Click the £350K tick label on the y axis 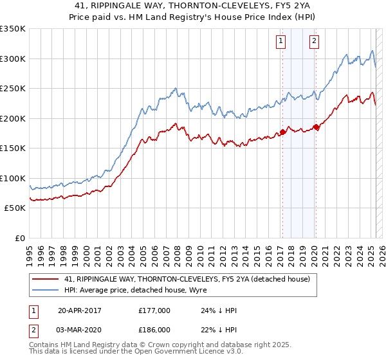tap(13, 29)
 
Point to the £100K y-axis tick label tap(13, 178)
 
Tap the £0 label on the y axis tap(20, 238)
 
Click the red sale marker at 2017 tap(282, 132)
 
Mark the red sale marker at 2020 tap(315, 127)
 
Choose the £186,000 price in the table tap(154, 330)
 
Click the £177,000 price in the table tap(154, 311)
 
